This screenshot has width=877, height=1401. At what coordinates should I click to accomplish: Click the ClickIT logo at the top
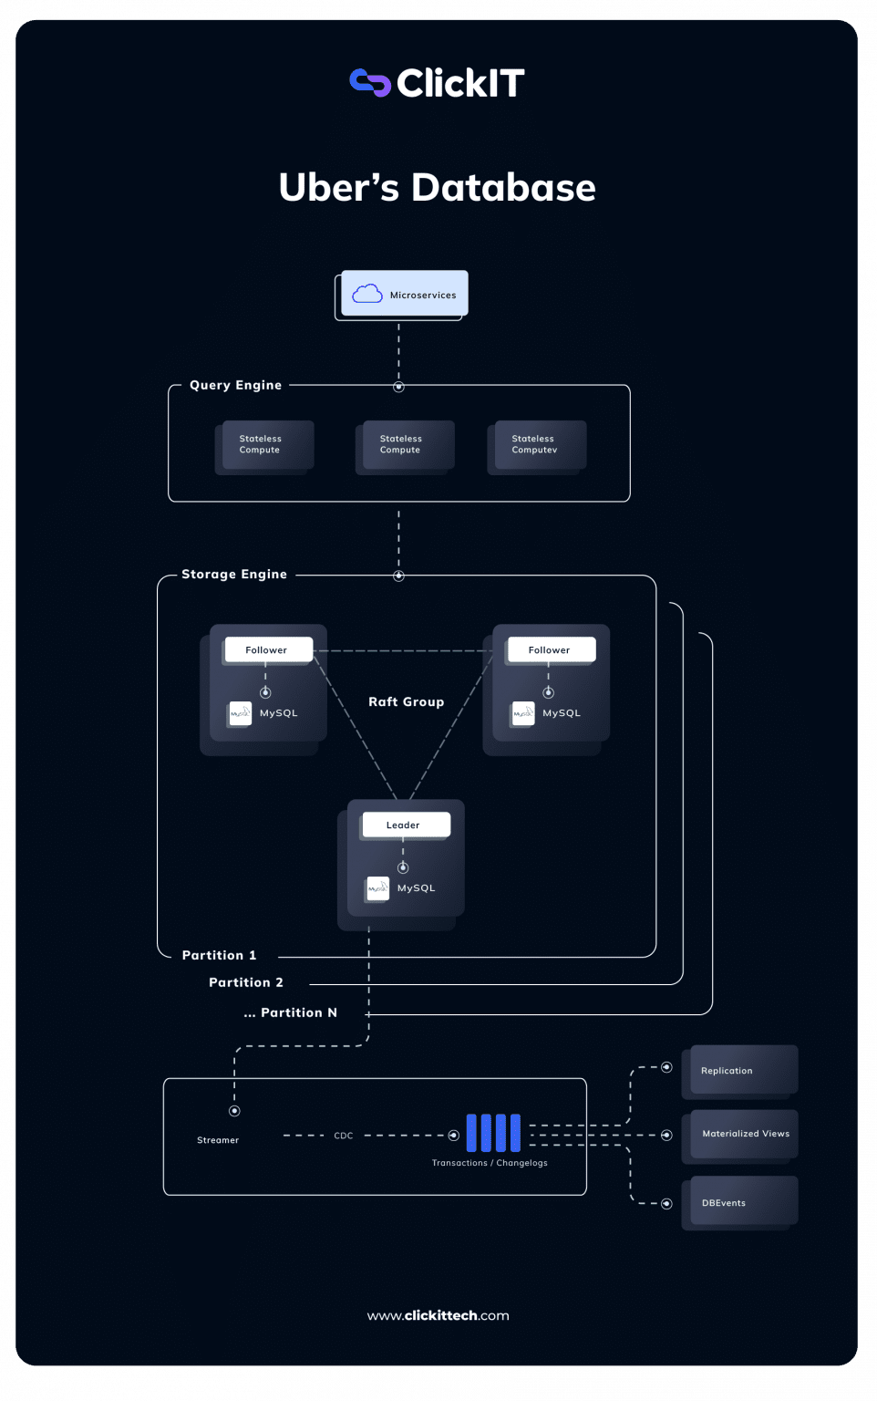point(438,83)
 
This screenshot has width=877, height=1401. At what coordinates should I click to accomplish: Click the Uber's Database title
point(438,188)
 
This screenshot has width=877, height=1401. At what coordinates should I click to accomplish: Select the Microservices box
point(404,294)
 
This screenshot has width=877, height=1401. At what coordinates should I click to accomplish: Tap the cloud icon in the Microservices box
point(367,294)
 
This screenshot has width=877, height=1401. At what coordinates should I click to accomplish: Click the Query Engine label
point(235,385)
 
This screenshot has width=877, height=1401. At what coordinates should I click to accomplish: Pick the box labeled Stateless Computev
point(537,445)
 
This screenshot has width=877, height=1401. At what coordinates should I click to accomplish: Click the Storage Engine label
point(234,574)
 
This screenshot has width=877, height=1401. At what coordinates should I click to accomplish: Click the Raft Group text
point(407,701)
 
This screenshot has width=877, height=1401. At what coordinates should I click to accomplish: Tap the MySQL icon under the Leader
point(377,888)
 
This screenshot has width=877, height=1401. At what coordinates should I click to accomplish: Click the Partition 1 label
point(219,955)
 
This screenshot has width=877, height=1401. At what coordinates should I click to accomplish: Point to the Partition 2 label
point(246,982)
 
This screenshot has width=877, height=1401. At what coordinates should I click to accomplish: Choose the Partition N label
point(291,1012)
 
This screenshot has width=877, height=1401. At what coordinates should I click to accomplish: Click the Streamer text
point(218,1140)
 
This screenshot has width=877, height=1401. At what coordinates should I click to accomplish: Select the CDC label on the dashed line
point(344,1136)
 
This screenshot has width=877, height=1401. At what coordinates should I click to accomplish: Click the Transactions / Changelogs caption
point(490,1163)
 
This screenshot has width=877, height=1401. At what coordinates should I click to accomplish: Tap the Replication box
point(743,1070)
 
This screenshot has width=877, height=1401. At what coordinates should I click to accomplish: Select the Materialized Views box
point(744,1134)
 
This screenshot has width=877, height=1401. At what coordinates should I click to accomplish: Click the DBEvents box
point(743,1202)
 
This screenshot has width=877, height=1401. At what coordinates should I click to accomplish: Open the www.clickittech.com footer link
point(438,1315)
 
